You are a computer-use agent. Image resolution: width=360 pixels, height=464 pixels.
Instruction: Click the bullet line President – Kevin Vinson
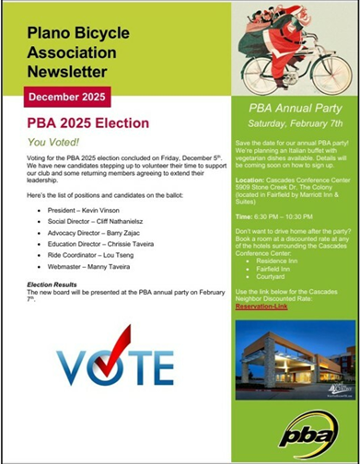tap(90, 211)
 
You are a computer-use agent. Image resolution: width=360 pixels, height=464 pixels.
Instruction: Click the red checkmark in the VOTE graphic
tap(117, 354)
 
